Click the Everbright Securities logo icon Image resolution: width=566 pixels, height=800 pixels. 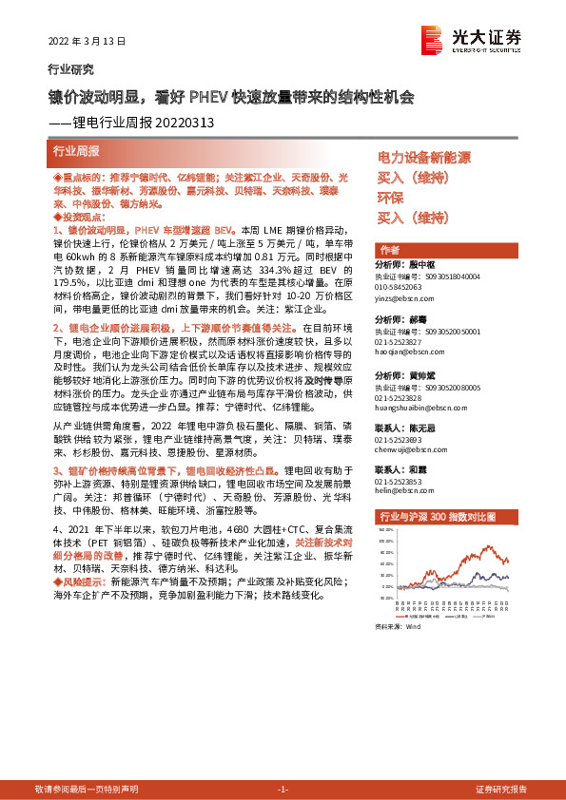433,39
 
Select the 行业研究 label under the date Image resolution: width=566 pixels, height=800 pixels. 70,70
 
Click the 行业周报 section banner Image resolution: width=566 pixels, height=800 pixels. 76,151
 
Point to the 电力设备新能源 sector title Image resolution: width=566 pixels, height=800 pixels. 424,158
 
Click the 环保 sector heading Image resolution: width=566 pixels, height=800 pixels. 391,198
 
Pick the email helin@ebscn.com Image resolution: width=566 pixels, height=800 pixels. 399,490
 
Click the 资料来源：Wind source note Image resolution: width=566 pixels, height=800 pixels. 397,627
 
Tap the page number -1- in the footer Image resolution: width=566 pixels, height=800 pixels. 283,790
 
